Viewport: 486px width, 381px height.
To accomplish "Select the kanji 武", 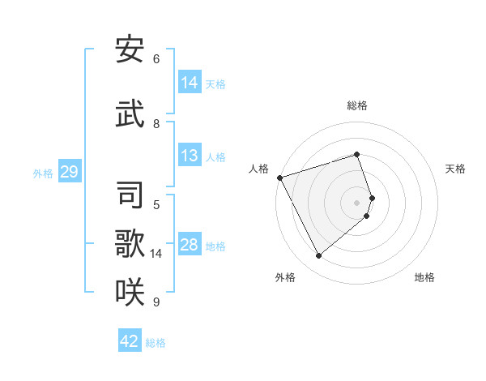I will (x=130, y=113).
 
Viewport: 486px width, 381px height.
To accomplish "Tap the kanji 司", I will (x=130, y=195).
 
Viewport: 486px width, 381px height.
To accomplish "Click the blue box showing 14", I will (x=190, y=83).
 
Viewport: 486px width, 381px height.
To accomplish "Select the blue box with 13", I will (x=190, y=156).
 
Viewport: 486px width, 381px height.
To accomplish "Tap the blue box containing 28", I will (x=190, y=245).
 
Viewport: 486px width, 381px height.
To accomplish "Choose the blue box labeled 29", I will (x=69, y=172).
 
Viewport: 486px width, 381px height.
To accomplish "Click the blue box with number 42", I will (x=130, y=341).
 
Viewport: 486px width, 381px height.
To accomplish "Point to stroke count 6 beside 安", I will (x=156, y=58).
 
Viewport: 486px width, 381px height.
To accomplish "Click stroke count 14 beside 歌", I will (x=156, y=254).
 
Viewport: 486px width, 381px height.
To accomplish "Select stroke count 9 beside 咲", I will (x=156, y=302).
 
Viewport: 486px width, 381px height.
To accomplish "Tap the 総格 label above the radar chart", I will (x=357, y=105).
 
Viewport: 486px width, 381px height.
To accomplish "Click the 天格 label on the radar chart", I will (x=455, y=169).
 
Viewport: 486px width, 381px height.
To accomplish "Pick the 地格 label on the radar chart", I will (x=424, y=277).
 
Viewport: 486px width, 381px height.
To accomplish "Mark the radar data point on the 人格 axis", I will (x=279, y=178).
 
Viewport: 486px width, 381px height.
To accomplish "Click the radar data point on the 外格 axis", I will (x=318, y=255).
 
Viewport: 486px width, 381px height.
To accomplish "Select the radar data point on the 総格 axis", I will (x=357, y=154).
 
